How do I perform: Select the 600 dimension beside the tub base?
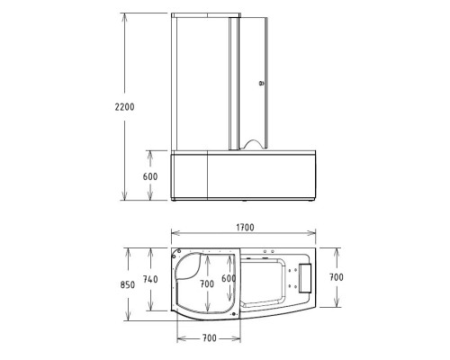(x=150, y=176)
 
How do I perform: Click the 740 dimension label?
(x=150, y=280)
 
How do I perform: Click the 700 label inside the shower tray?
(x=207, y=283)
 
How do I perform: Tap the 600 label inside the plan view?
(x=229, y=279)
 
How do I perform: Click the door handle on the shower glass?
(x=263, y=83)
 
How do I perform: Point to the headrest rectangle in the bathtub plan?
(x=303, y=277)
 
